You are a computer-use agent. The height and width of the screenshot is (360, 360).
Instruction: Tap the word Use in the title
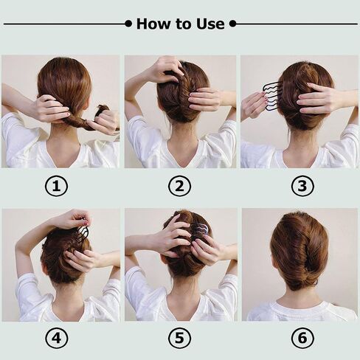[210, 24]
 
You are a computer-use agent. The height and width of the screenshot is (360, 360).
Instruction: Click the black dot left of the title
[128, 24]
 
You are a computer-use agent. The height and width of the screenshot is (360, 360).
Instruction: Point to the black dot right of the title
[232, 24]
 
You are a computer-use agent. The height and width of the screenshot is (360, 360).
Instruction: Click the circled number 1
[56, 186]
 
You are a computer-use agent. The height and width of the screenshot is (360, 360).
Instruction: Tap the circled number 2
[179, 186]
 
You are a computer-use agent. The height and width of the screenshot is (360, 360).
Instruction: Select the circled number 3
[302, 186]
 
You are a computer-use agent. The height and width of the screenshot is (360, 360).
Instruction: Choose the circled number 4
[56, 338]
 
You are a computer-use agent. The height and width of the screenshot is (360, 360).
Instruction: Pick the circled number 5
[179, 338]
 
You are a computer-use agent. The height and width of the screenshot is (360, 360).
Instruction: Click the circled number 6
[302, 338]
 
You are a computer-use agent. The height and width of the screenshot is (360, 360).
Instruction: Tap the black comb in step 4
[83, 233]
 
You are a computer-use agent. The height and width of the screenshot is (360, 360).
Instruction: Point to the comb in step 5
[201, 232]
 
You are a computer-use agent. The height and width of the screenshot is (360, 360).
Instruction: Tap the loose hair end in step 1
[102, 109]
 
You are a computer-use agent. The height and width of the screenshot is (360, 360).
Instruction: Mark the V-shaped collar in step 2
[181, 153]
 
